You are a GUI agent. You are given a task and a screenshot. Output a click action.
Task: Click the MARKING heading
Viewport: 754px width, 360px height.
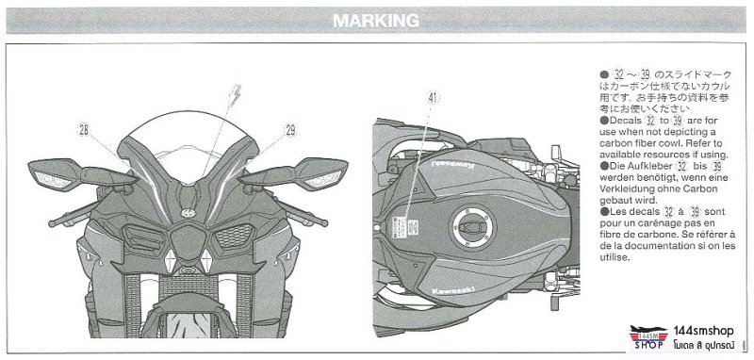point(376,19)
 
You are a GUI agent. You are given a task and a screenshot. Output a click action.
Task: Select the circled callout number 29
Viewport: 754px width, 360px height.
point(290,130)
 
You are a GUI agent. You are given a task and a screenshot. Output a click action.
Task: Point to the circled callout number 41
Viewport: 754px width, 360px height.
point(433,97)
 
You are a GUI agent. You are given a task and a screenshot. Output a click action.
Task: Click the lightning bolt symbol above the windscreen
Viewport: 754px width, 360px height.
point(236,95)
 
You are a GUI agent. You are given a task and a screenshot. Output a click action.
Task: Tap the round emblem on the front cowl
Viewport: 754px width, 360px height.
point(186,214)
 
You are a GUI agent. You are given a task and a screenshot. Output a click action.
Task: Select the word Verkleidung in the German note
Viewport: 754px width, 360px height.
point(624,188)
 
